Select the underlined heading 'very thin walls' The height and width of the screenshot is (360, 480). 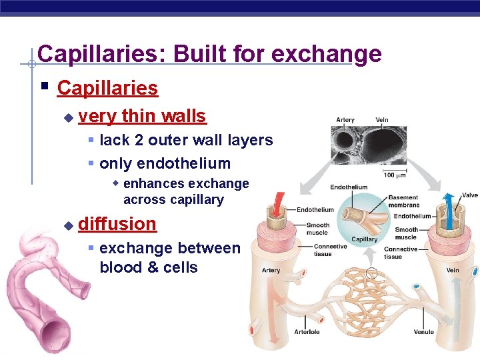click(142, 116)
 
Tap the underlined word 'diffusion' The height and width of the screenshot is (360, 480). click(117, 223)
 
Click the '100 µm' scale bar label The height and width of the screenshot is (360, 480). click(395, 175)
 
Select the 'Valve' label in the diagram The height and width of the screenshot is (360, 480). click(470, 195)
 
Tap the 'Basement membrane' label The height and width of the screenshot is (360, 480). click(403, 201)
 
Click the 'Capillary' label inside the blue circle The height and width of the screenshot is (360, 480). click(364, 239)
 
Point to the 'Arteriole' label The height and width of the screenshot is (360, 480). click(308, 331)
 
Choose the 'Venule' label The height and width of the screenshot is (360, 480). click(423, 331)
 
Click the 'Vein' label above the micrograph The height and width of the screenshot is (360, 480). click(382, 121)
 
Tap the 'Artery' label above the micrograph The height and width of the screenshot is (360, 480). click(345, 121)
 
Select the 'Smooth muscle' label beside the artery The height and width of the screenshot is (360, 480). click(317, 229)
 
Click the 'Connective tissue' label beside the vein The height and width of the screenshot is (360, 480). click(401, 253)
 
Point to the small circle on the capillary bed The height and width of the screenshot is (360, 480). click(372, 273)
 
